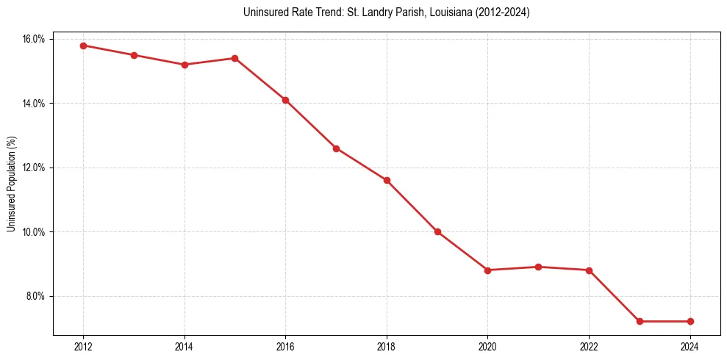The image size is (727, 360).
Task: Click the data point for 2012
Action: pos(83,46)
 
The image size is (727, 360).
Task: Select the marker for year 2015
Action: pos(234,58)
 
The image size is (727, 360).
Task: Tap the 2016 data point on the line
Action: pos(285,100)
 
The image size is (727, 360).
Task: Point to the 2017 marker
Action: pos(336,148)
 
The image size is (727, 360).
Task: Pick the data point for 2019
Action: pos(437,231)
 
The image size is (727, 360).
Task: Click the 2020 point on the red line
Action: pos(487,270)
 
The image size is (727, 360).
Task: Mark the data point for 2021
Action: pos(538,267)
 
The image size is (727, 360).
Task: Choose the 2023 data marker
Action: pos(640,321)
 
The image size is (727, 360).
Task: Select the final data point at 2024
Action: pos(690,321)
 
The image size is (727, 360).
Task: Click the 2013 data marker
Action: pos(134,55)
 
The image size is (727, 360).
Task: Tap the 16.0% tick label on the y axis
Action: pos(34,39)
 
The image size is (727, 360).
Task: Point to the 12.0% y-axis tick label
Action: pos(34,168)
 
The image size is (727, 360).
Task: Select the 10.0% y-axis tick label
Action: pos(34,232)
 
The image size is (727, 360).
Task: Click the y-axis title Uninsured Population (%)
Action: pos(11,184)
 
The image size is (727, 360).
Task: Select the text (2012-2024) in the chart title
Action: pos(499,12)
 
